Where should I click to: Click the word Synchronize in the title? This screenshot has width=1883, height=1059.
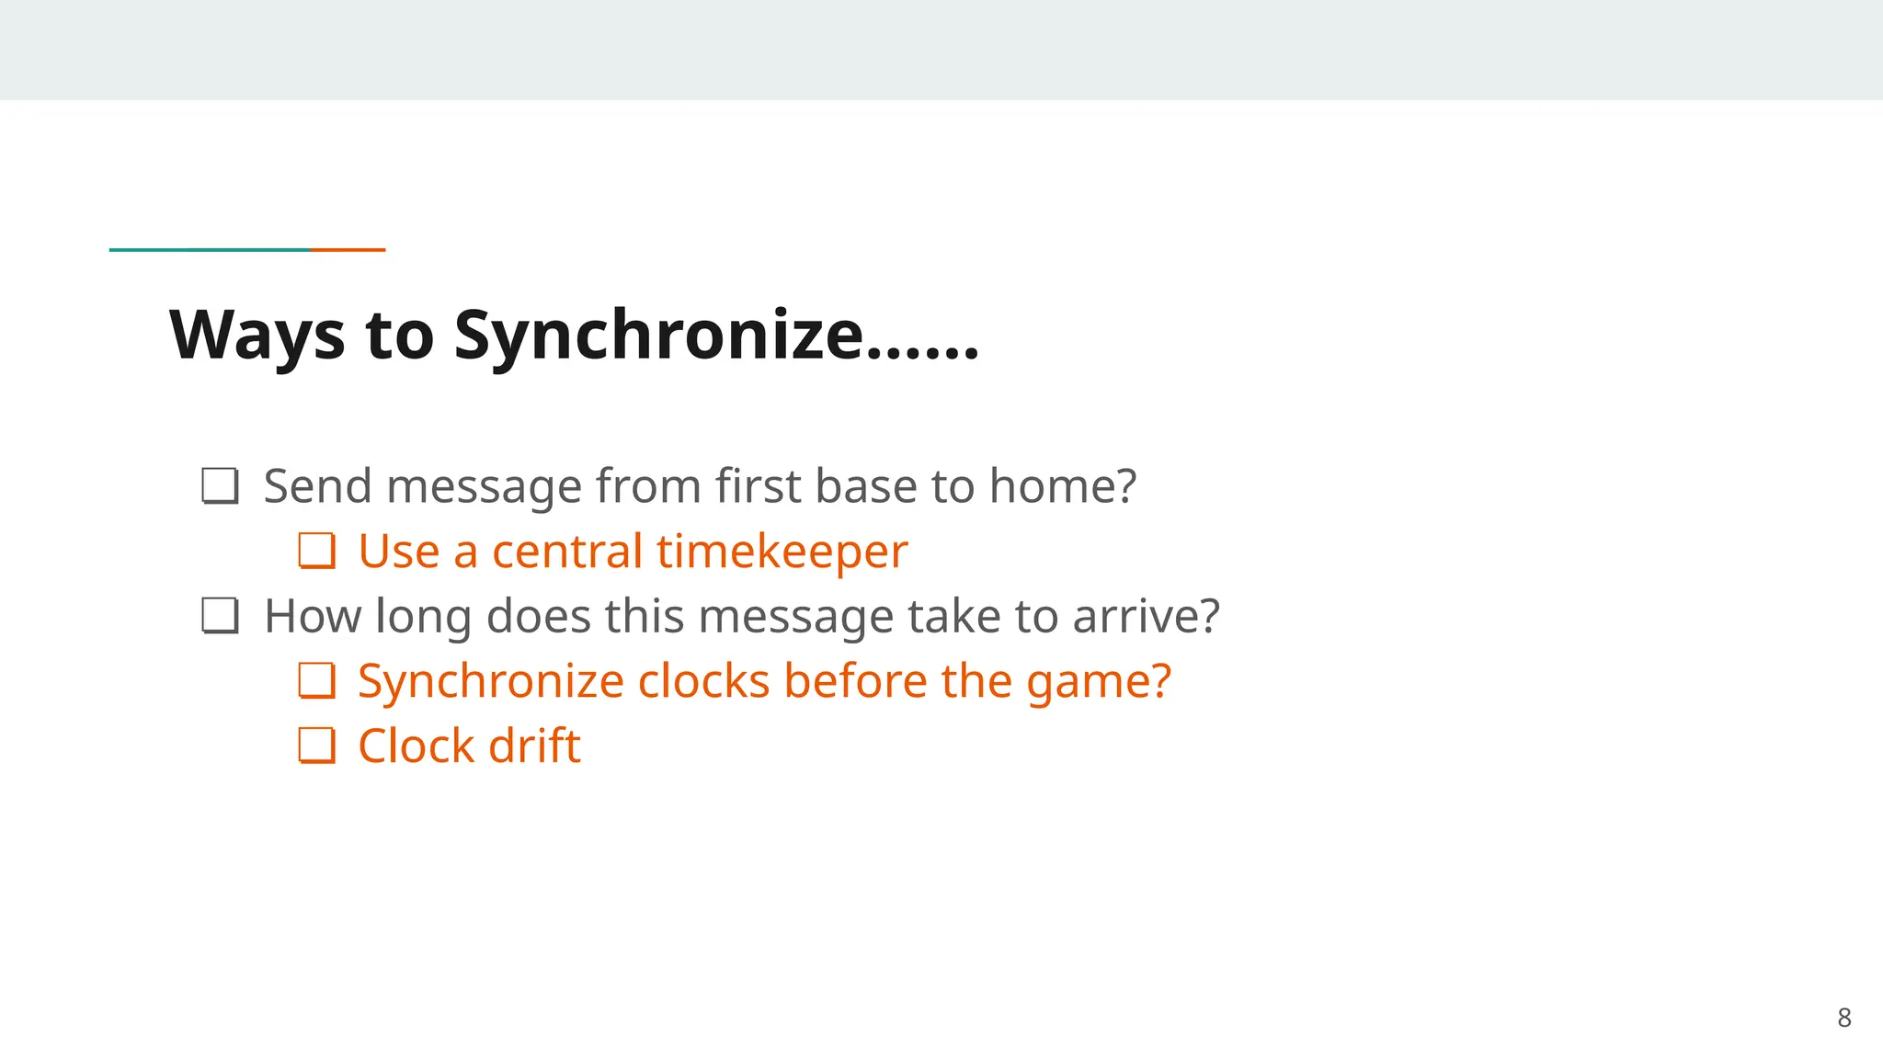coord(657,336)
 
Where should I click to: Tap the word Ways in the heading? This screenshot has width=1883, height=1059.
coord(257,336)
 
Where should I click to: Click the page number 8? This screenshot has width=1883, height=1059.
coord(1843,1018)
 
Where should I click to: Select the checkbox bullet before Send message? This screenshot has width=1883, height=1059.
coord(221,486)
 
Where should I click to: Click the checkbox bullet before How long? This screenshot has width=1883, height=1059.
coord(221,616)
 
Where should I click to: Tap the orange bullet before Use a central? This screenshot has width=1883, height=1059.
coord(317,552)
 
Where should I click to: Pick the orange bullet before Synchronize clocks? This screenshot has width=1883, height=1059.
coord(317,681)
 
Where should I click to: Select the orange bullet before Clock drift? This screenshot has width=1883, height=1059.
coord(317,746)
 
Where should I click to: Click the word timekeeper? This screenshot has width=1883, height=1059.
coord(782,552)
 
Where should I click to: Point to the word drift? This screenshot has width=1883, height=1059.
coord(534,746)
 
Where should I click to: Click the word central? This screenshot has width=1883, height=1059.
coord(566,552)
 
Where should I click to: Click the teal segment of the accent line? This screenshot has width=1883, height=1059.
coord(210,249)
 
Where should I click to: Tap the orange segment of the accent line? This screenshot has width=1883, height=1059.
coord(348,249)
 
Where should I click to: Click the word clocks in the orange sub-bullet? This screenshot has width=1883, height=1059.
coord(703,681)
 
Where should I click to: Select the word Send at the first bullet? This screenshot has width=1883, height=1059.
coord(317,486)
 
